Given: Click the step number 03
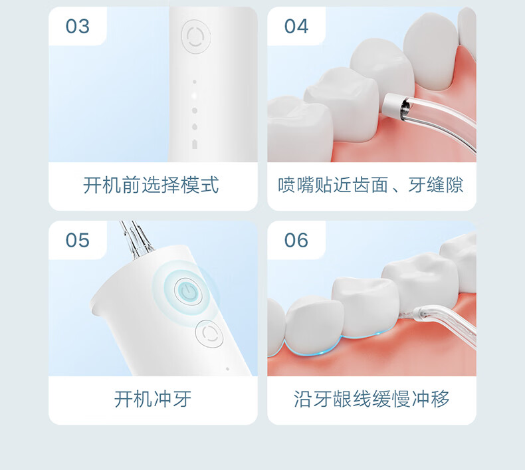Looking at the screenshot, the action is (x=78, y=26).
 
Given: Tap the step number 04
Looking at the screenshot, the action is (x=296, y=26).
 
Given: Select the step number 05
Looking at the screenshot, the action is (x=78, y=240).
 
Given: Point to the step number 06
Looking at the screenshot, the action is (x=296, y=240).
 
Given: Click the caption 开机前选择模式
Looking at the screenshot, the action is (x=151, y=185).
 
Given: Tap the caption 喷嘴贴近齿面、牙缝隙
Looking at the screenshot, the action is (x=371, y=185).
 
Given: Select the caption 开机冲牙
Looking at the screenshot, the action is (x=153, y=399).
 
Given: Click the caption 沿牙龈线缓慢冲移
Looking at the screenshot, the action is (x=371, y=399).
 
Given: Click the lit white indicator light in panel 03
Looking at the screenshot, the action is (x=194, y=96).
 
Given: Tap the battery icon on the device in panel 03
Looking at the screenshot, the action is (x=195, y=144).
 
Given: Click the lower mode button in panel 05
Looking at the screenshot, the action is (x=209, y=333).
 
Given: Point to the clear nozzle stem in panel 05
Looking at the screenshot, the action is (x=136, y=239).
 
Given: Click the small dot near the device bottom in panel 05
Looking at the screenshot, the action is (x=228, y=369).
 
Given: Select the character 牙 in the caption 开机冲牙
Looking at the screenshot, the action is (x=182, y=399).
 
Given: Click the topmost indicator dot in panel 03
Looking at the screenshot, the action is (x=195, y=82).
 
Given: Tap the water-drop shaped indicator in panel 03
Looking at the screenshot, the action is (x=195, y=126).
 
